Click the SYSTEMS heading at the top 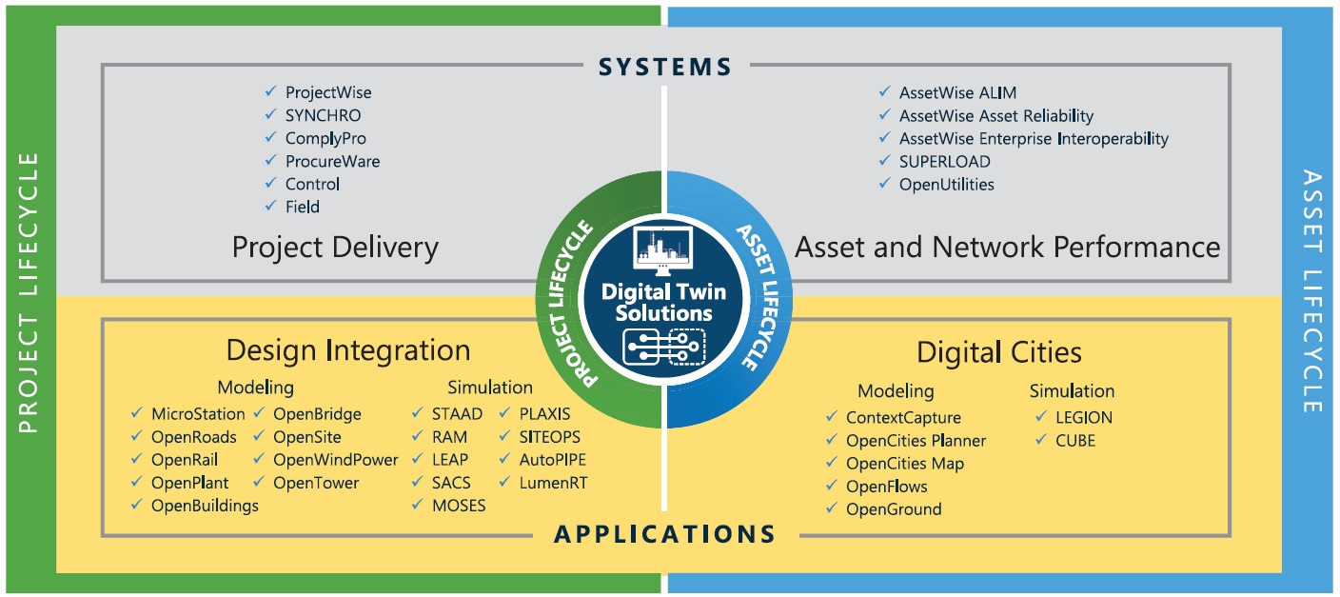pos(665,66)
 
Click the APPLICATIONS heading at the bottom pos(665,533)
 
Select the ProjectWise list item pos(328,92)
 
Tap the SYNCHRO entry pos(323,115)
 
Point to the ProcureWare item pos(332,161)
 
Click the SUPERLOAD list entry pos(944,161)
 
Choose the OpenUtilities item pos(946,184)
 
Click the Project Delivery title pos(335,248)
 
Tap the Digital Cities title pos(998,352)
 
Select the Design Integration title pos(348,349)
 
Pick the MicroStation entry pos(198,414)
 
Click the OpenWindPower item pos(335,460)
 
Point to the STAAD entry pos(457,414)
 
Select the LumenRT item pos(553,483)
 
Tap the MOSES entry pos(459,506)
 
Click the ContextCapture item pos(903,417)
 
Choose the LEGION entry pos(1083,417)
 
